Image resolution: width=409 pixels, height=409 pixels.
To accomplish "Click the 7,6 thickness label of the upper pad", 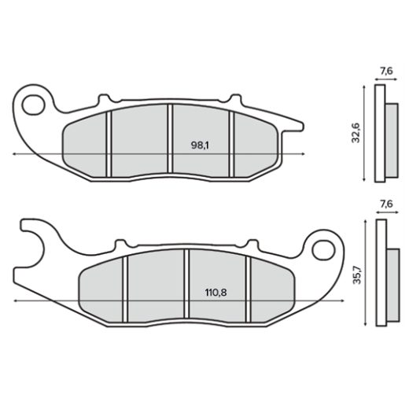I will [x=385, y=71].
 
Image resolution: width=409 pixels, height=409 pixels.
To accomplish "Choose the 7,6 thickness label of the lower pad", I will [x=385, y=204].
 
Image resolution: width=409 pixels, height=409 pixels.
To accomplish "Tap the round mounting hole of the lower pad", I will [x=322, y=251].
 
